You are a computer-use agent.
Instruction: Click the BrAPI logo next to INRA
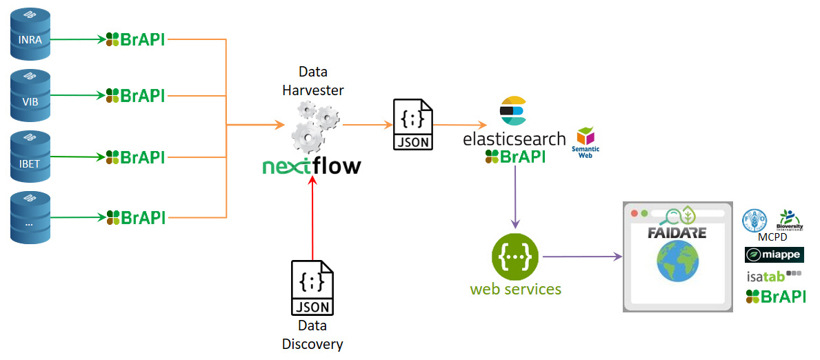[x=135, y=39]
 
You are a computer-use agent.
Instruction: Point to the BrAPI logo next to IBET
[x=135, y=157]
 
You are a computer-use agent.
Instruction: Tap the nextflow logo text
[x=312, y=166]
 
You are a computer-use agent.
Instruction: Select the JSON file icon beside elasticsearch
[x=412, y=125]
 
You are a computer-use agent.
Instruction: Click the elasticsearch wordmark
[x=514, y=139]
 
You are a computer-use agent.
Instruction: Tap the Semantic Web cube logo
[x=586, y=138]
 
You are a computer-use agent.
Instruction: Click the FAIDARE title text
[x=677, y=232]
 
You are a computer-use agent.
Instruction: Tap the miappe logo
[x=774, y=256]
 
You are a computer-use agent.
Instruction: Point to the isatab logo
[x=774, y=277]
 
